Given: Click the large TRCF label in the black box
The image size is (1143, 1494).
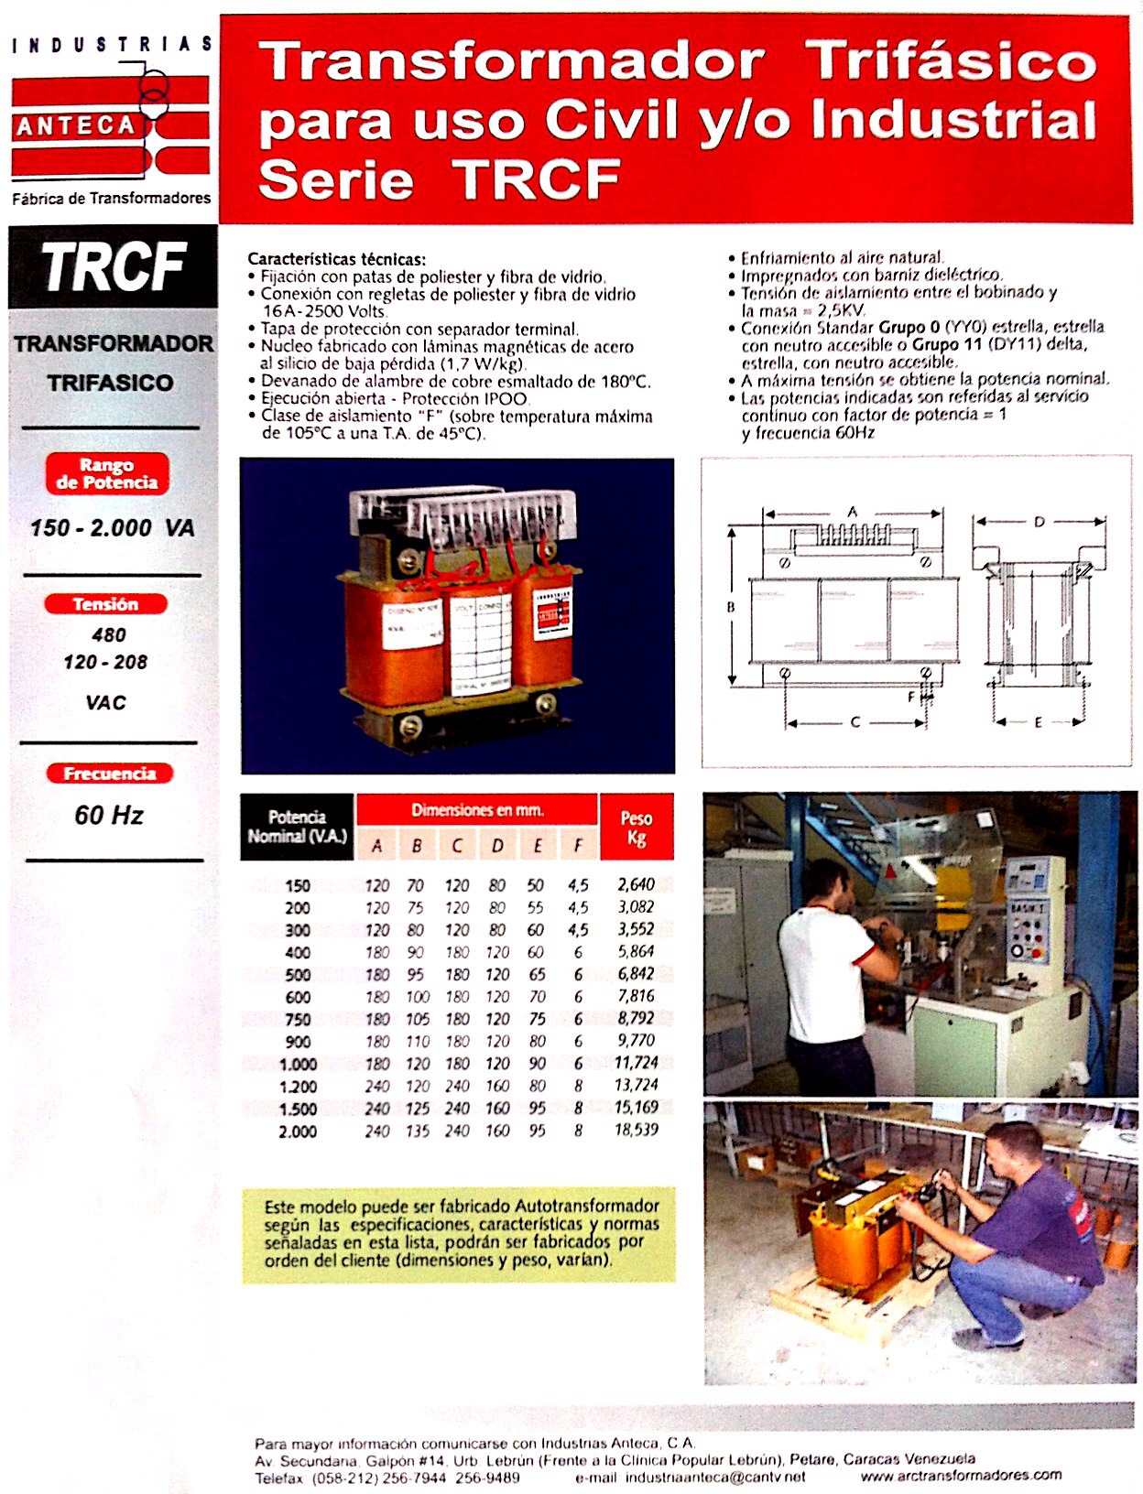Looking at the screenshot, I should (x=114, y=267).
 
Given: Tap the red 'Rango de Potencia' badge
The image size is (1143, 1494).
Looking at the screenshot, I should (x=107, y=474).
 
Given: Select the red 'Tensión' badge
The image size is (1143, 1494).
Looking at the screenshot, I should (x=106, y=604).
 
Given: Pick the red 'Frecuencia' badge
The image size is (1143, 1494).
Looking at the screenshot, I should (x=110, y=774).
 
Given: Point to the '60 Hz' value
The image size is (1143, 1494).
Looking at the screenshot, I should (x=109, y=815).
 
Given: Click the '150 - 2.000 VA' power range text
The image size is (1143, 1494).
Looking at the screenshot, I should (x=112, y=527).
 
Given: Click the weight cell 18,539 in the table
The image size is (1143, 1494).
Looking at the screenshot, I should (x=636, y=1130).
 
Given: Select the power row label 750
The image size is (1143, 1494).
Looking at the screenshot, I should (x=298, y=1019).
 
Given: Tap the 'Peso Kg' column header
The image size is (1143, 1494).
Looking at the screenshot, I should (x=637, y=827).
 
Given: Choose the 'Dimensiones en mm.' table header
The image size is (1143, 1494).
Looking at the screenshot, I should (x=477, y=810).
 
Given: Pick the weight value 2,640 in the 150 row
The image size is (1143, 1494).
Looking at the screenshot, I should (x=636, y=884).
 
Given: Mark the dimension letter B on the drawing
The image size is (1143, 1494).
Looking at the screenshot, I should (x=731, y=606).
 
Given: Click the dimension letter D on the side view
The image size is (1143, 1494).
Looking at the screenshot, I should (x=1039, y=522).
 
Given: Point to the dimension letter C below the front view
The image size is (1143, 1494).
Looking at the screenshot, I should (x=855, y=722).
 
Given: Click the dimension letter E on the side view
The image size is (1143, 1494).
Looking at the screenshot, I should (x=1038, y=722).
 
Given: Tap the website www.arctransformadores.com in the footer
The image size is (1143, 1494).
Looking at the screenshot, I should (x=961, y=1475).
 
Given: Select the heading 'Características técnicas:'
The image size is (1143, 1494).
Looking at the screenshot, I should (x=337, y=259).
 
